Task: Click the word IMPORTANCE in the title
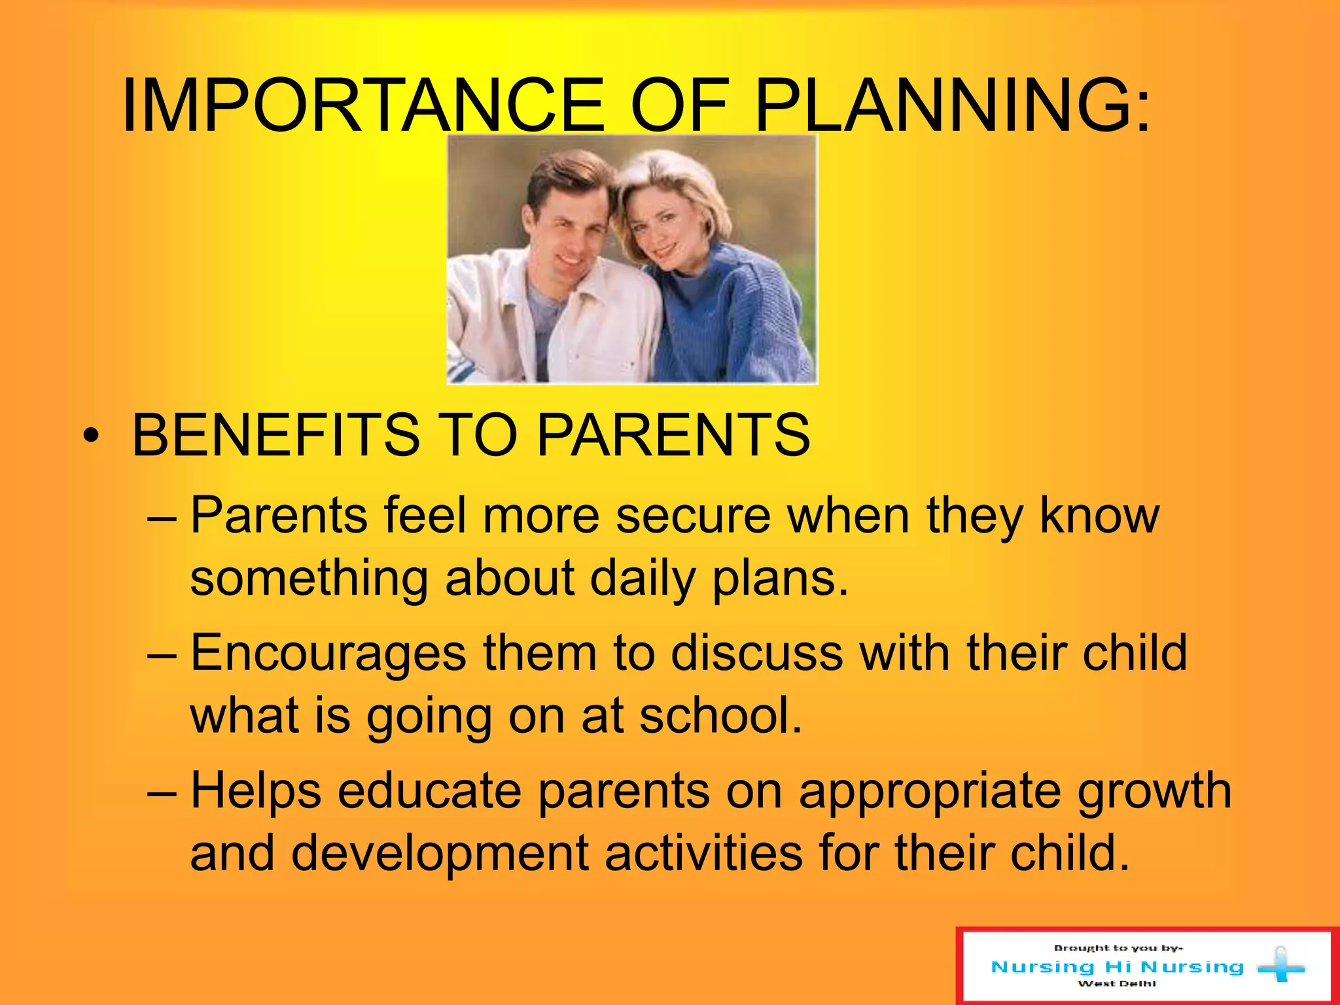pyautogui.click(x=363, y=105)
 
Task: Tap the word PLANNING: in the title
pyautogui.click(x=952, y=105)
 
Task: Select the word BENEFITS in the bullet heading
pyautogui.click(x=275, y=435)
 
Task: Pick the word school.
pyautogui.click(x=720, y=716)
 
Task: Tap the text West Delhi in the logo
pyautogui.click(x=1116, y=983)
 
